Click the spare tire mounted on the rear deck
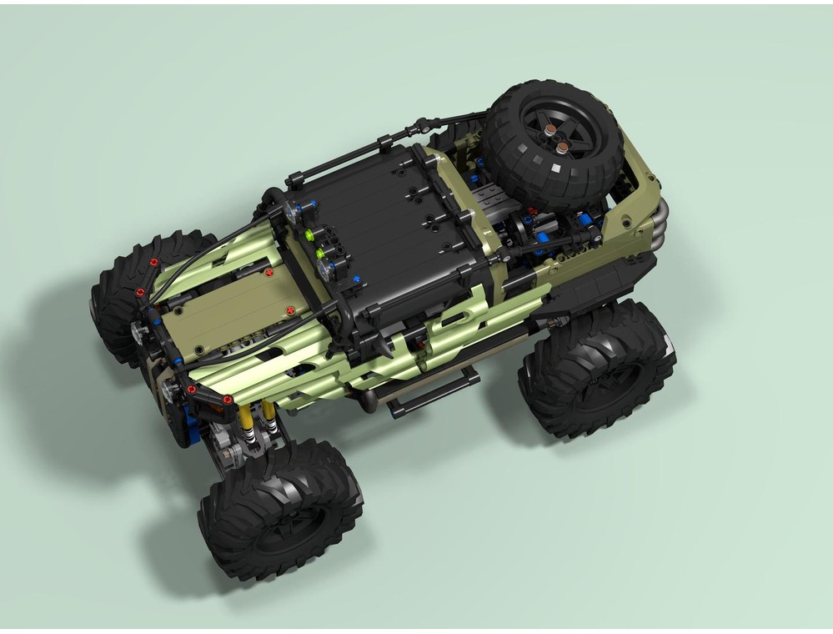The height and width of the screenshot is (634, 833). pos(552,146)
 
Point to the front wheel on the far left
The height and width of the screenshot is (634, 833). pos(125,300)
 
